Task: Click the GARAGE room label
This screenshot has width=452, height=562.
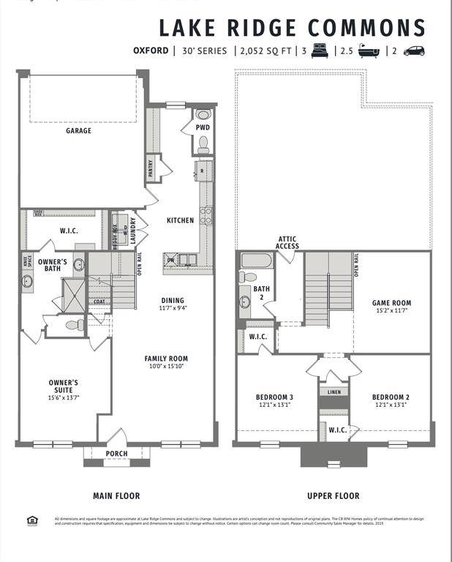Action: coord(78,131)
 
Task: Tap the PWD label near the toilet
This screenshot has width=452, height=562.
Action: coord(203,127)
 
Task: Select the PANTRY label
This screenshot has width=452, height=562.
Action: coord(151,169)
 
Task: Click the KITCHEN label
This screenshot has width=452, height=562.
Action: coord(180,220)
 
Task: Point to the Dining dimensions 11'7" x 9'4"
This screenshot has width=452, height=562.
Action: coord(173,308)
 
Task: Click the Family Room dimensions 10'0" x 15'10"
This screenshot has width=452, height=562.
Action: coord(166,367)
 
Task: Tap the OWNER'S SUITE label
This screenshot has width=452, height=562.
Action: coord(64,386)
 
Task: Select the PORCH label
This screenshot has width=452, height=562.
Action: coord(116,454)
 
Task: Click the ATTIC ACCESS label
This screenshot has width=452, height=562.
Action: coord(287,242)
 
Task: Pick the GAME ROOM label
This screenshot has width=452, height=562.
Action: coord(391,302)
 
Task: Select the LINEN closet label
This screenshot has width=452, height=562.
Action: coord(334,392)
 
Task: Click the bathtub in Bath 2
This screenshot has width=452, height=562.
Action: coord(256,261)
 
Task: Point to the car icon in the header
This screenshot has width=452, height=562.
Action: coord(414,50)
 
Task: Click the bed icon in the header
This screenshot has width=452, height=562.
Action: coord(319,50)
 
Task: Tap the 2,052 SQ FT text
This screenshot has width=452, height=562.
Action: coord(263,51)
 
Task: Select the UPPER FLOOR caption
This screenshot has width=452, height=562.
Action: coord(333,495)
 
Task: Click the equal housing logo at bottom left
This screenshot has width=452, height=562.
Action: coord(31,520)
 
